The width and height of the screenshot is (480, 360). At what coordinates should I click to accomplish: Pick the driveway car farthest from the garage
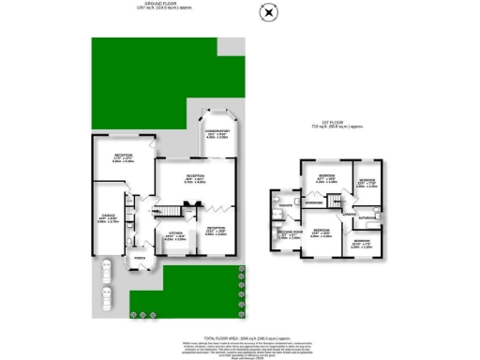coord(107,298)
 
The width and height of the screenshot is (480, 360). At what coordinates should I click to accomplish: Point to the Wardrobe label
coord(313,201)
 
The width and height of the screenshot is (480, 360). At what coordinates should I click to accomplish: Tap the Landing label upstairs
coord(348,214)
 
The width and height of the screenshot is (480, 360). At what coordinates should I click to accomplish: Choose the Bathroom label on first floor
coord(367,220)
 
